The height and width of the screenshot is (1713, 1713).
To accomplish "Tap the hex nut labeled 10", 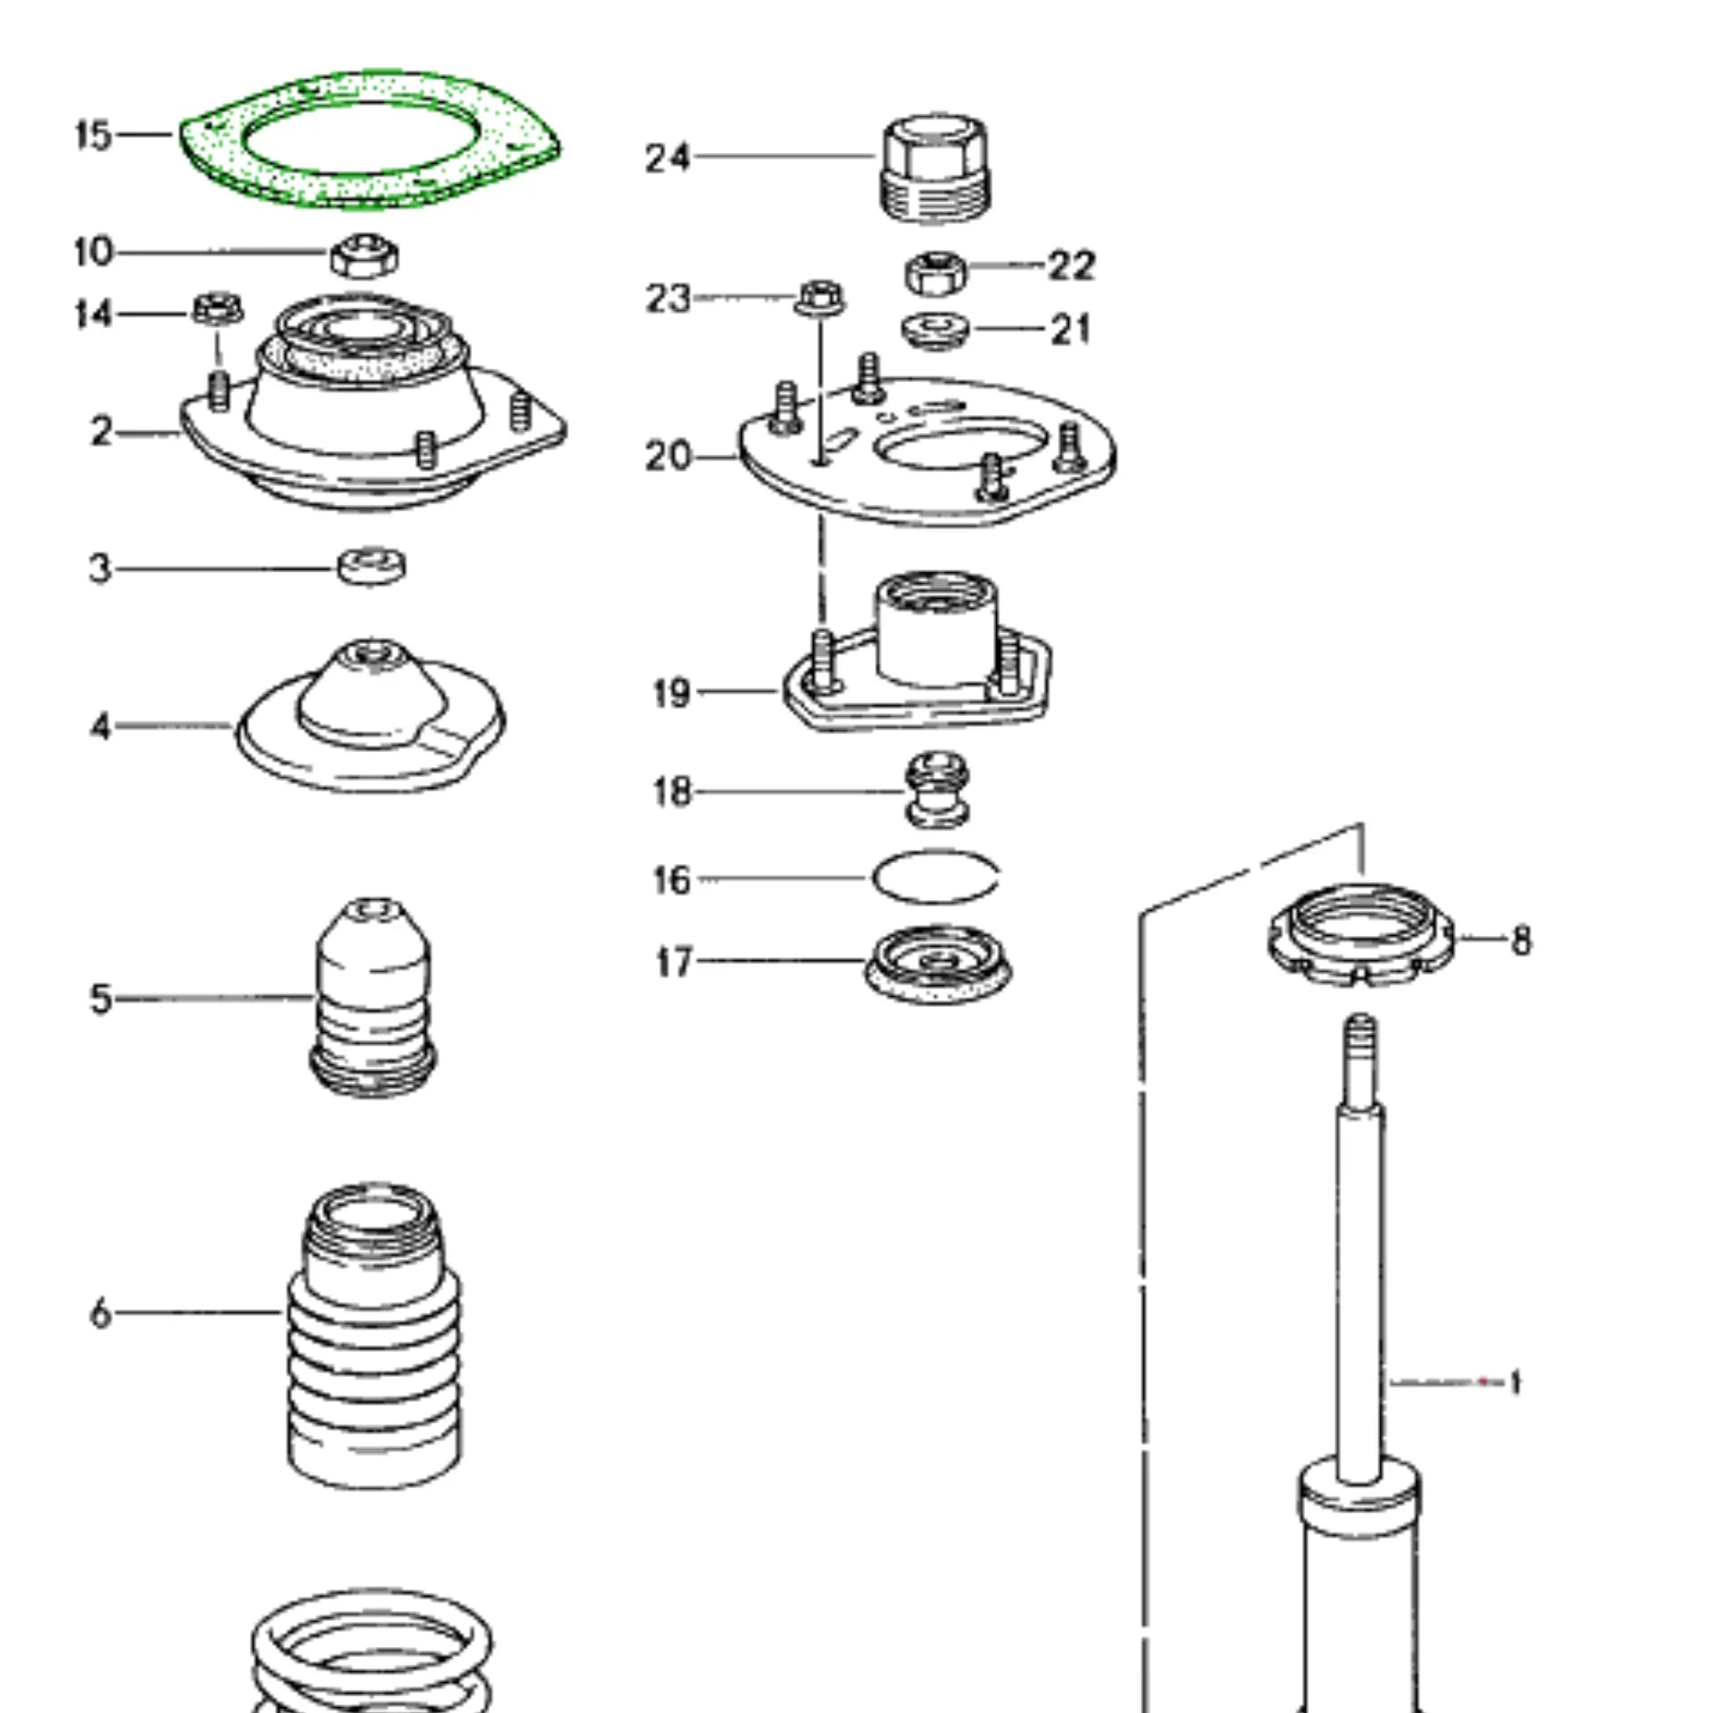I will point(365,256).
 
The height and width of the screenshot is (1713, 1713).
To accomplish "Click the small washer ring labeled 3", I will point(372,566).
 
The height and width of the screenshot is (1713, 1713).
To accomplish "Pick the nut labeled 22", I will point(936,273).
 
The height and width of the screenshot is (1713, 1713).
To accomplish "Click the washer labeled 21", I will point(936,330).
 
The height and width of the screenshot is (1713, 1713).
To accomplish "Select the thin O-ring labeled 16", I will point(936,876).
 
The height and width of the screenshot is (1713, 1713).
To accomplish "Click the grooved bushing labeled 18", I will point(936,791).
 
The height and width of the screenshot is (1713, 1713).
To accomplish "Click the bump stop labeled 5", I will point(373,998).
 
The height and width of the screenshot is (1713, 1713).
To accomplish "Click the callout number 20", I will point(667,457).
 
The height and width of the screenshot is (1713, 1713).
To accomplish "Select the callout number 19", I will point(671,693).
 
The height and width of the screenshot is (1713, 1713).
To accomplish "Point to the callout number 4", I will point(101,727).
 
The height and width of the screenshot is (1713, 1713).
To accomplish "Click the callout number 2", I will point(102,432).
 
